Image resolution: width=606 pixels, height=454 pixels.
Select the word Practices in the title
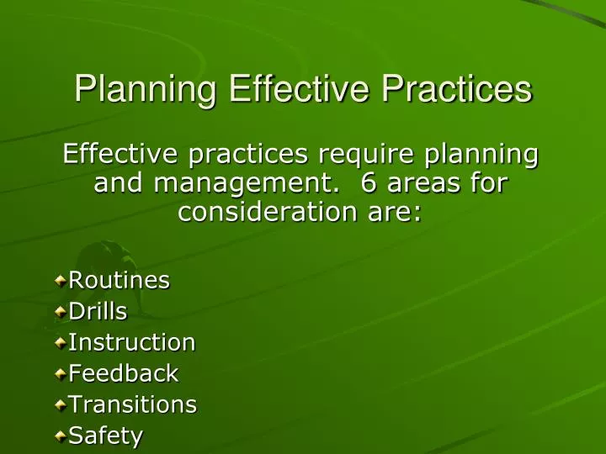tap(455, 90)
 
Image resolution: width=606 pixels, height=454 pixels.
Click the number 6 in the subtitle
tap(366, 182)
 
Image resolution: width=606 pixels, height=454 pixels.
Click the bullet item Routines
tap(119, 280)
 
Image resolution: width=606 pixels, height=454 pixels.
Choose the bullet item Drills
tap(98, 311)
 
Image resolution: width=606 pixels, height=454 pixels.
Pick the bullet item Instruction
tap(131, 342)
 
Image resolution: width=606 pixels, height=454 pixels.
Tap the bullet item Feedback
tap(123, 373)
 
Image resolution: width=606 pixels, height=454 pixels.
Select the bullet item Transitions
tap(132, 404)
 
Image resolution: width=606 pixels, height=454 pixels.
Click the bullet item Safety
tap(105, 436)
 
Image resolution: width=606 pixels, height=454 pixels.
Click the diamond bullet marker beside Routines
tap(61, 281)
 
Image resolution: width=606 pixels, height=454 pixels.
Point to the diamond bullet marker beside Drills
tap(61, 312)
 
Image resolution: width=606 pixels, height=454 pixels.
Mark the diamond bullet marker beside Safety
tap(61, 436)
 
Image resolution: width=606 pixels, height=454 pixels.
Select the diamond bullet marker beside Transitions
tap(61, 405)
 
